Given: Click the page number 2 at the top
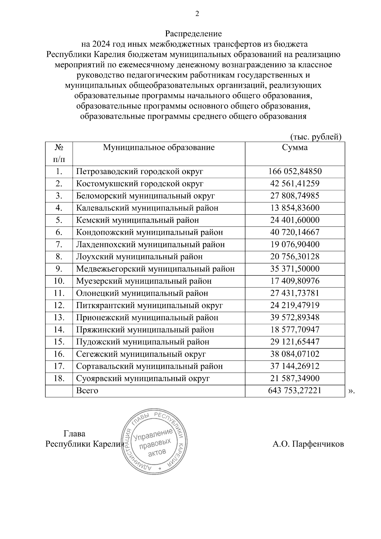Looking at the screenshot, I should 197,14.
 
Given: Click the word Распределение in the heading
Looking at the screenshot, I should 193,34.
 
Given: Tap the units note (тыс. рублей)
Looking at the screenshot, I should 316,137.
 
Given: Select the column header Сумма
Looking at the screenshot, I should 295,148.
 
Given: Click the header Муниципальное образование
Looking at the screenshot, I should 159,148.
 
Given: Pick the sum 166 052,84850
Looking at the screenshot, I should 295,172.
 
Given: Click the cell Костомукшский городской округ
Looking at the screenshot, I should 140,184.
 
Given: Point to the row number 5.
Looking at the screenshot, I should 59,220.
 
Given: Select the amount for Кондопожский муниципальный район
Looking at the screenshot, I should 295,232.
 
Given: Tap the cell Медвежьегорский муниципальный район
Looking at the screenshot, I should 155,269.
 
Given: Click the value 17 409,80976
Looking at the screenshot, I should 295,281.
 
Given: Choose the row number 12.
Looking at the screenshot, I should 59,306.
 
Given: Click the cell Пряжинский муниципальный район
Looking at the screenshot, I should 145,330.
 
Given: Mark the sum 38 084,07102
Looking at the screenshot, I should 295,354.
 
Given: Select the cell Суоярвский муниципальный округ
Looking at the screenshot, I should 143,379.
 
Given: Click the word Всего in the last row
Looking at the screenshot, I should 87,391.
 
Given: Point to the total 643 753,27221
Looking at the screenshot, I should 295,391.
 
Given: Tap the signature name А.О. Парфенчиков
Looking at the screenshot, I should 308,444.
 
